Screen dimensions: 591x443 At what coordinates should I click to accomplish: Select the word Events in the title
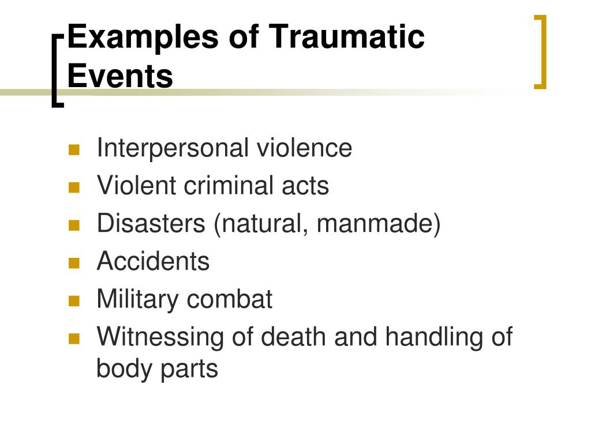[120, 76]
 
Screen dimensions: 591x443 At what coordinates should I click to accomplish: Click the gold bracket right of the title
[541, 52]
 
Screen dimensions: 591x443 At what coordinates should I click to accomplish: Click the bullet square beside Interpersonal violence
[74, 150]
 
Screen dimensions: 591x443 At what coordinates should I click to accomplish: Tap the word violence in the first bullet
[305, 148]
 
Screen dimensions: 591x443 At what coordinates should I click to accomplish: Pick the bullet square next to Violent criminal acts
[74, 187]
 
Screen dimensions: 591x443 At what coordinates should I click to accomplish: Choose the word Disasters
[151, 223]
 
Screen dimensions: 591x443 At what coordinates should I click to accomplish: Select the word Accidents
[153, 261]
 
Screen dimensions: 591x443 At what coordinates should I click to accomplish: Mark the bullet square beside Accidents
[74, 263]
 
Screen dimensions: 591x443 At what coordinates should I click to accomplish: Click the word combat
[230, 299]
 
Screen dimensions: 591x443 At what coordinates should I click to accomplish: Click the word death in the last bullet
[293, 336]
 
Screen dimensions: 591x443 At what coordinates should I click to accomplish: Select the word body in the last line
[125, 369]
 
